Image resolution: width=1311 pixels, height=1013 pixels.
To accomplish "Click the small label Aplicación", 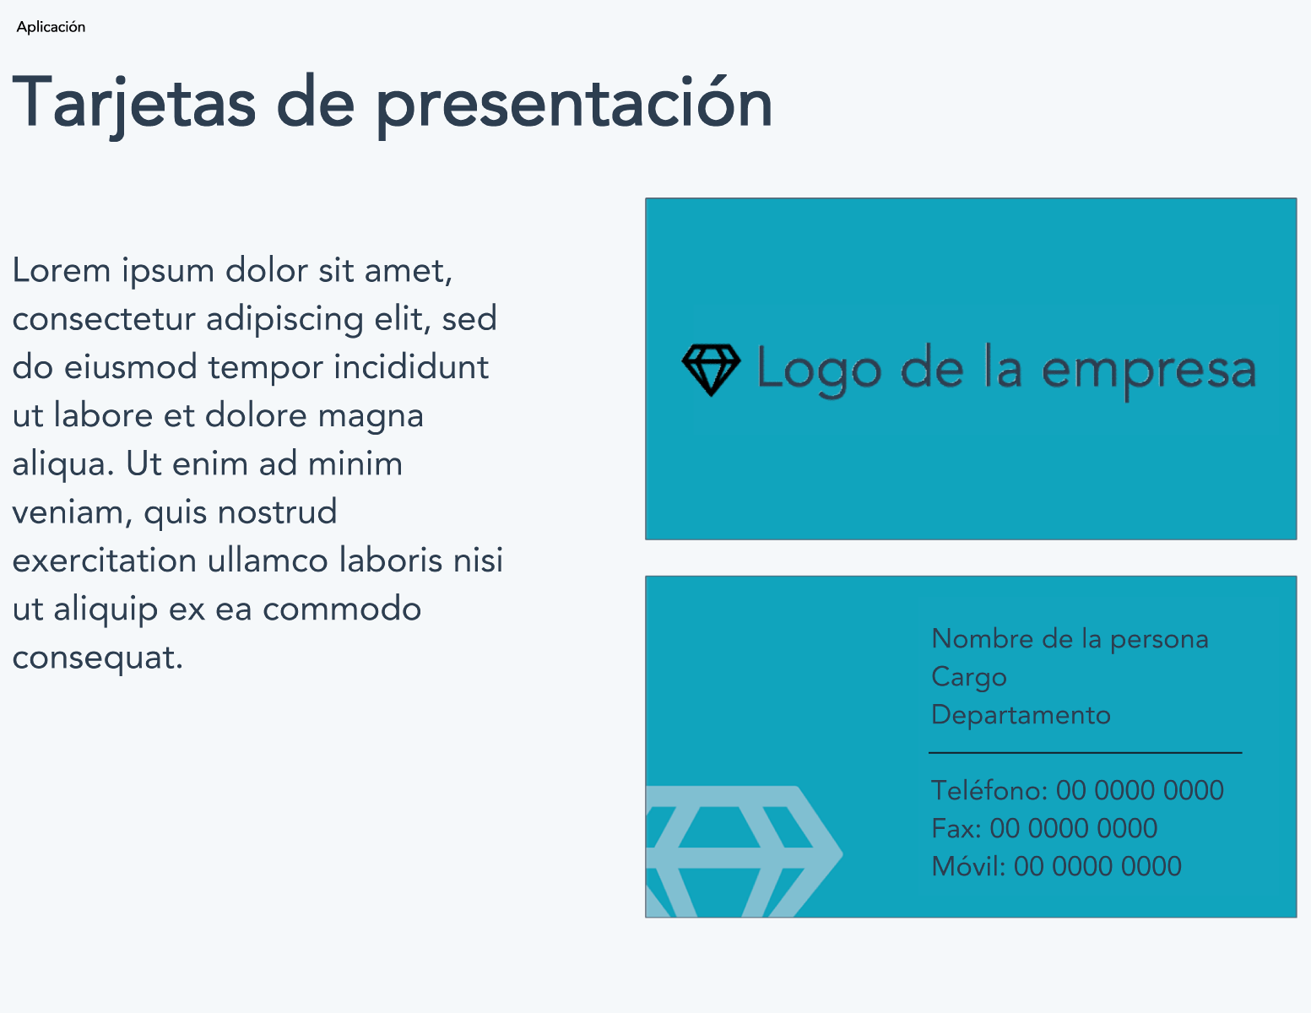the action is click(51, 27).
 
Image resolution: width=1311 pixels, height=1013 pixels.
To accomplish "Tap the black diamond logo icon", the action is click(711, 370).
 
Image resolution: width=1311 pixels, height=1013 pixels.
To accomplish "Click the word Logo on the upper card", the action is click(820, 370).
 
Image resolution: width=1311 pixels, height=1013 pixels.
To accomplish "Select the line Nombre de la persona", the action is click(1070, 639).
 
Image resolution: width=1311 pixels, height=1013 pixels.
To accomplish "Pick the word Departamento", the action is click(1021, 715).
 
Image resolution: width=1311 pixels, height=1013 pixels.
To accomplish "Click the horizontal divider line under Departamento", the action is click(1085, 753).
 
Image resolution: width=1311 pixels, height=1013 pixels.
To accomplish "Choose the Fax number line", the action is click(1044, 828).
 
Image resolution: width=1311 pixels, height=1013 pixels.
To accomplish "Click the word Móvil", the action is click(968, 866).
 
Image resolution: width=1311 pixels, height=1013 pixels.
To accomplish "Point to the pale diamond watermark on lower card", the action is click(744, 851).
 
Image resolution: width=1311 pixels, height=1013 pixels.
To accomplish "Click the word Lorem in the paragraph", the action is click(62, 270).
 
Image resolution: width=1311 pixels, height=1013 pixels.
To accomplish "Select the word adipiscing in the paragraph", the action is click(284, 319).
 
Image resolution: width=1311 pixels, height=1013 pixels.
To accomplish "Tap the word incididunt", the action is click(411, 367).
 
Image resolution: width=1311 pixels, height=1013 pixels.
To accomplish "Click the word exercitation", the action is click(105, 561).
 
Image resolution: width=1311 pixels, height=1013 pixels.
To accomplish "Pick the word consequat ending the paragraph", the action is click(97, 658).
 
